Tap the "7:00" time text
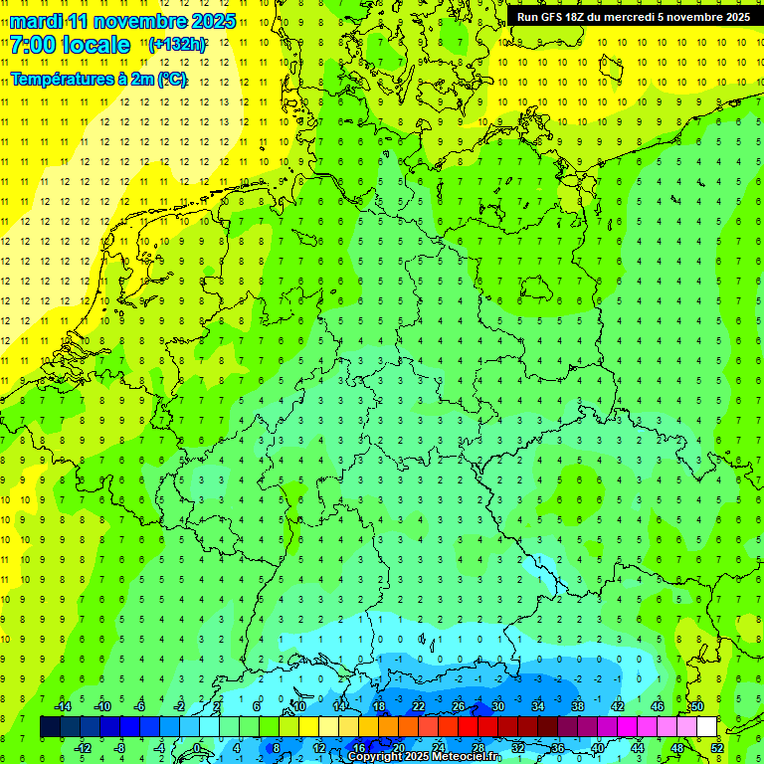pos(33,45)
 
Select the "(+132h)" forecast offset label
pos(177,45)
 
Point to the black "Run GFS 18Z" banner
pos(634,16)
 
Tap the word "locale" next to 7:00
pos(95,45)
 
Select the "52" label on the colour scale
pos(718,748)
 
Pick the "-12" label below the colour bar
pos(83,748)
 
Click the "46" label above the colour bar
pos(657,706)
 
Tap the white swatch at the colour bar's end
pos(706,727)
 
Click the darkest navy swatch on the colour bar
pos(50,727)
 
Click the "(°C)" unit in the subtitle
pos(170,80)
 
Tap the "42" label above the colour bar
pos(618,706)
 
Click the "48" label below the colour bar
pos(677,748)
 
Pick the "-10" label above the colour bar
pos(101,706)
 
